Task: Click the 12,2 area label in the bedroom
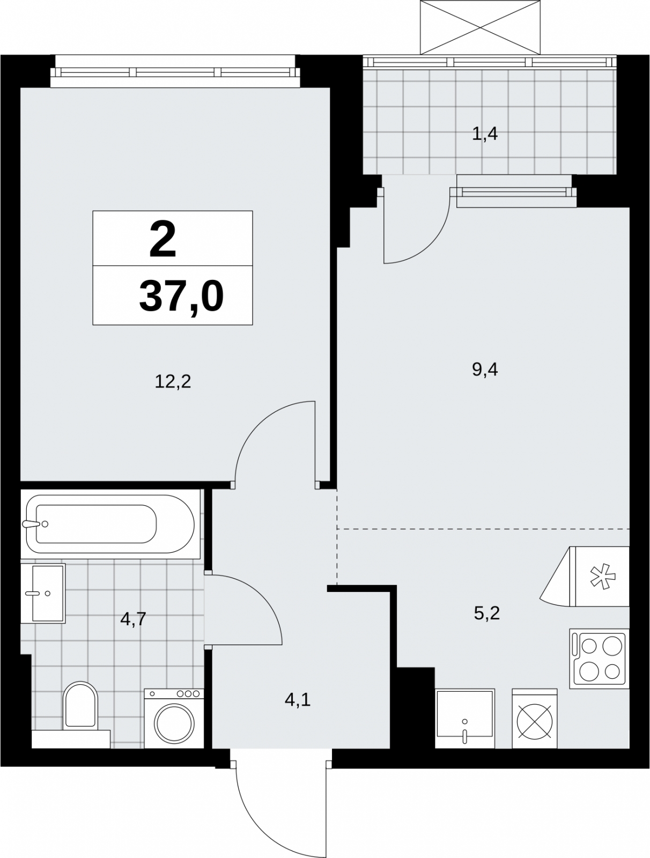(173, 381)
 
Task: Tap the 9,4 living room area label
(485, 369)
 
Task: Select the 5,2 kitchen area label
(486, 613)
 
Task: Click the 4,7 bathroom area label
(133, 619)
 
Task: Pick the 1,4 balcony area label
(485, 134)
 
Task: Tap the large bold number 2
(162, 239)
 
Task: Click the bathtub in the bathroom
(110, 524)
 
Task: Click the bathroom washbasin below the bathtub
(43, 593)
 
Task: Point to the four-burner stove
(599, 659)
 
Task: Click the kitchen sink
(465, 719)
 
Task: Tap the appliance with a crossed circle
(534, 719)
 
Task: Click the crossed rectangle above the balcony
(480, 27)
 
